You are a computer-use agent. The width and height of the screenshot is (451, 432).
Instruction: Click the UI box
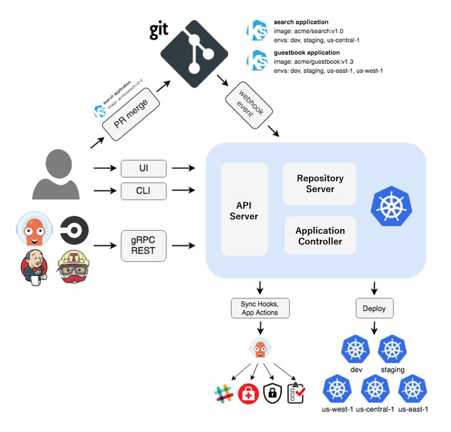point(144,168)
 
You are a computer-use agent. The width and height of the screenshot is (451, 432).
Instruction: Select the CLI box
point(144,191)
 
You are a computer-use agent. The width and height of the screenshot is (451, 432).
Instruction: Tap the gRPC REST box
point(144,246)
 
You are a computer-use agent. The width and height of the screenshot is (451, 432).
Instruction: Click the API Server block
point(244,209)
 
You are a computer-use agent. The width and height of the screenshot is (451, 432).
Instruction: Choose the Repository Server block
point(319,184)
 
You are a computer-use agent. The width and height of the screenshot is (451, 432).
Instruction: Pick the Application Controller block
point(320,235)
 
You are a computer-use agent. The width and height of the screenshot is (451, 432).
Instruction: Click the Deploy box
point(374,308)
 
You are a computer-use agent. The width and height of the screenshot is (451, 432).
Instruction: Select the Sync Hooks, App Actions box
point(260,308)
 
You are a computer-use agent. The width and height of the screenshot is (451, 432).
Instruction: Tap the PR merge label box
point(131,114)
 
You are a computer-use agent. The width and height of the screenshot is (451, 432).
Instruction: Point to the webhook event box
point(249,105)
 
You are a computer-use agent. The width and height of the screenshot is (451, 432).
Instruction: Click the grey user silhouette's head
point(59,164)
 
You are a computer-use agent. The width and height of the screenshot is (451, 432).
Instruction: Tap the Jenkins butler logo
point(34,267)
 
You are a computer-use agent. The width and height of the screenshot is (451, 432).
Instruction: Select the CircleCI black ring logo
point(74,230)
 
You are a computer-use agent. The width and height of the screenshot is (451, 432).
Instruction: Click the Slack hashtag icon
point(224,393)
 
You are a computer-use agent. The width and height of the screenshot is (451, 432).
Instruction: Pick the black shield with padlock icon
point(273,393)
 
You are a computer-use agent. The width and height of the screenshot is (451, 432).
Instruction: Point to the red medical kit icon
point(248,394)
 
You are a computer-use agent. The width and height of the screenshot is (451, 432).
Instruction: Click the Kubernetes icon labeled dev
point(356,350)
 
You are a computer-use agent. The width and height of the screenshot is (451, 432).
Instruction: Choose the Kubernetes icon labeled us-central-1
point(375,389)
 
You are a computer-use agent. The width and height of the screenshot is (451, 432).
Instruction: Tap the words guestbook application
point(307,53)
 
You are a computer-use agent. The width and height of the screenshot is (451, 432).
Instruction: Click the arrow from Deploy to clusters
point(374,328)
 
